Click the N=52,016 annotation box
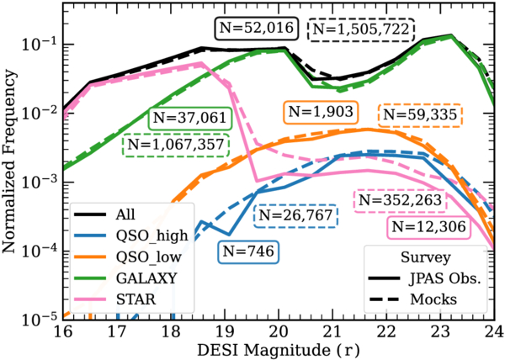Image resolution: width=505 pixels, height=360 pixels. pos(257,29)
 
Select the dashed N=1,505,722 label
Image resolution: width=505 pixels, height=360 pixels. pos(361,29)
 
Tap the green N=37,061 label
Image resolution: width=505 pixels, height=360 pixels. pos(190,118)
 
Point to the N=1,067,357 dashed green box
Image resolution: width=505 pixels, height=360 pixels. pos(176,145)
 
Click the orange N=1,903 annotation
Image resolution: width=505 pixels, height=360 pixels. pos(321,112)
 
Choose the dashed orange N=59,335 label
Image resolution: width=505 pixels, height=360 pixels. pos(420,115)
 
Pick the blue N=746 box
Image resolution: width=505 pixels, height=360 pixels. pos(248,251)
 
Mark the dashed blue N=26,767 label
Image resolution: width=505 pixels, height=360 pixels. pos(295,215)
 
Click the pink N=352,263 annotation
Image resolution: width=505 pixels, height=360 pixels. pos(400,201)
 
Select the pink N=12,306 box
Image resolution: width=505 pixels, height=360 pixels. pos(428,227)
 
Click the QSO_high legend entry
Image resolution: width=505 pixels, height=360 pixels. pos(131,236)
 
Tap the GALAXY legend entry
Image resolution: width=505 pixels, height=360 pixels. pos(125,278)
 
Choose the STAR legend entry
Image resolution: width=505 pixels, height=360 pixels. pos(115,299)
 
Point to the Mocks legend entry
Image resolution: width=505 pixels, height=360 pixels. pos(413,299)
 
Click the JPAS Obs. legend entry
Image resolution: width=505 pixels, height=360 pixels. pos(425,278)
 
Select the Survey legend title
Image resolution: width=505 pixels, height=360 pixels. pos(425,257)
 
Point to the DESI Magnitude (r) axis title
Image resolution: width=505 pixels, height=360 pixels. pos(279,350)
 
